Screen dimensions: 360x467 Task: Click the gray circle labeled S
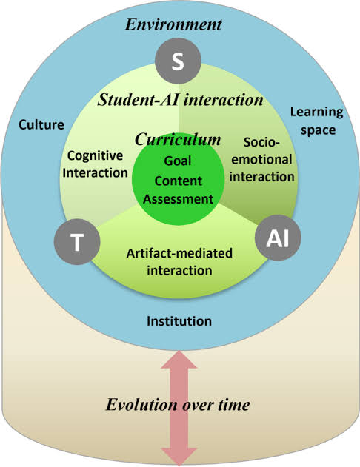pos(178,61)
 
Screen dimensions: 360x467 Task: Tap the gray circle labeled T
pos(77,241)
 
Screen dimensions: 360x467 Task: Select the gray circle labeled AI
pos(278,238)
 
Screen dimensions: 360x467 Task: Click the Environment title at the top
pos(173,24)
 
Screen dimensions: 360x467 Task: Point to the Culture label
pos(41,124)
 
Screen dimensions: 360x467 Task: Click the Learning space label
pos(317,121)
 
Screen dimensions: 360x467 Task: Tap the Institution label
pos(179,321)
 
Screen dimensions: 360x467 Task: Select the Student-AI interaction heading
pos(180,100)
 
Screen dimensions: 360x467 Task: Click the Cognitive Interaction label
pos(95,164)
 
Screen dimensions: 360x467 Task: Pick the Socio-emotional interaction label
pos(261,159)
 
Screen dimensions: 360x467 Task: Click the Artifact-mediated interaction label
pos(179,262)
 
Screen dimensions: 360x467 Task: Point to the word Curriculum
pos(178,139)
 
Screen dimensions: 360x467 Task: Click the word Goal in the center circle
pos(178,161)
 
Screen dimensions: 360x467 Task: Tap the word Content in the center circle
pos(179,181)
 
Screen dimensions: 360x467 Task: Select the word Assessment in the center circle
pos(179,199)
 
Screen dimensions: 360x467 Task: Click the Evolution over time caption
pos(178,405)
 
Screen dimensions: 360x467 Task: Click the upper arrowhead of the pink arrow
pos(179,360)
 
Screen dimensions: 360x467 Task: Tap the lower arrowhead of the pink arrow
pos(179,457)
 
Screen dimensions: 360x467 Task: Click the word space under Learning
pos(318,130)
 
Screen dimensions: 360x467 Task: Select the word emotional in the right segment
pos(261,159)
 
